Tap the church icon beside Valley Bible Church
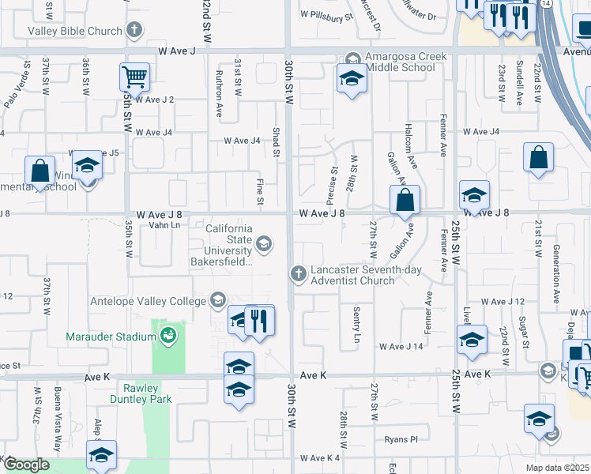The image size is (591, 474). click(134, 31)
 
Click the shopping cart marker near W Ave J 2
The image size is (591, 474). click(135, 78)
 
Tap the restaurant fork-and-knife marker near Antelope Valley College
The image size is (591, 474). click(259, 319)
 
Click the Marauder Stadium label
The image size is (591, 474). click(111, 337)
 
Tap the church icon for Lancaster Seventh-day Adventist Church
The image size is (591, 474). click(299, 273)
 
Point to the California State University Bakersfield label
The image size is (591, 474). click(229, 245)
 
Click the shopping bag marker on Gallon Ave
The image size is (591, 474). click(404, 201)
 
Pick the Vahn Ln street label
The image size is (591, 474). click(164, 226)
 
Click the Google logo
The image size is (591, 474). click(27, 465)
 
